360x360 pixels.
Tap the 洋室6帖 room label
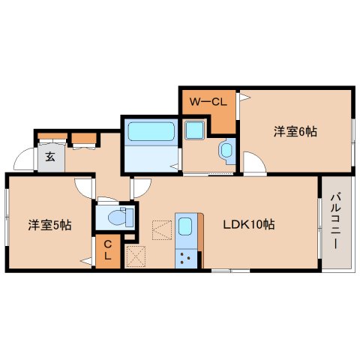pyautogui.click(x=295, y=131)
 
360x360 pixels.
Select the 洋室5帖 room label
pyautogui.click(x=49, y=224)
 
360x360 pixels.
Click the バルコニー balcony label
pyautogui.click(x=334, y=222)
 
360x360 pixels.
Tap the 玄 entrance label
pyautogui.click(x=49, y=157)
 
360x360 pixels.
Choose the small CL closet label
pyautogui.click(x=107, y=250)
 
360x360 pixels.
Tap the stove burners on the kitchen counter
pyautogui.click(x=185, y=257)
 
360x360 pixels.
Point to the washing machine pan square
pyautogui.click(x=196, y=133)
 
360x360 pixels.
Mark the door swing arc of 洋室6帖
pyautogui.click(x=253, y=163)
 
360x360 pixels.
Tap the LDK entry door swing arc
pyautogui.click(x=141, y=187)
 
